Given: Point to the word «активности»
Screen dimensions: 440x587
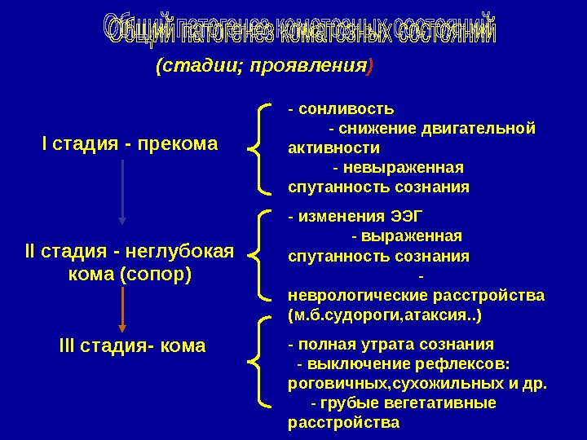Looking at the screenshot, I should (x=334, y=147).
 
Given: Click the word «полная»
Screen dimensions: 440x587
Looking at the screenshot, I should (x=326, y=343).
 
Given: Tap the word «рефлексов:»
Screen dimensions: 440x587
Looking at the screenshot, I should (x=472, y=363).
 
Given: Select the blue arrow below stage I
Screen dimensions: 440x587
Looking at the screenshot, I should (x=122, y=191).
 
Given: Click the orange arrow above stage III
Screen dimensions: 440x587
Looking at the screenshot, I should (x=122, y=307).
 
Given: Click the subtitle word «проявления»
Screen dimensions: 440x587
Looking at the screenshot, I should (x=322, y=67).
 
